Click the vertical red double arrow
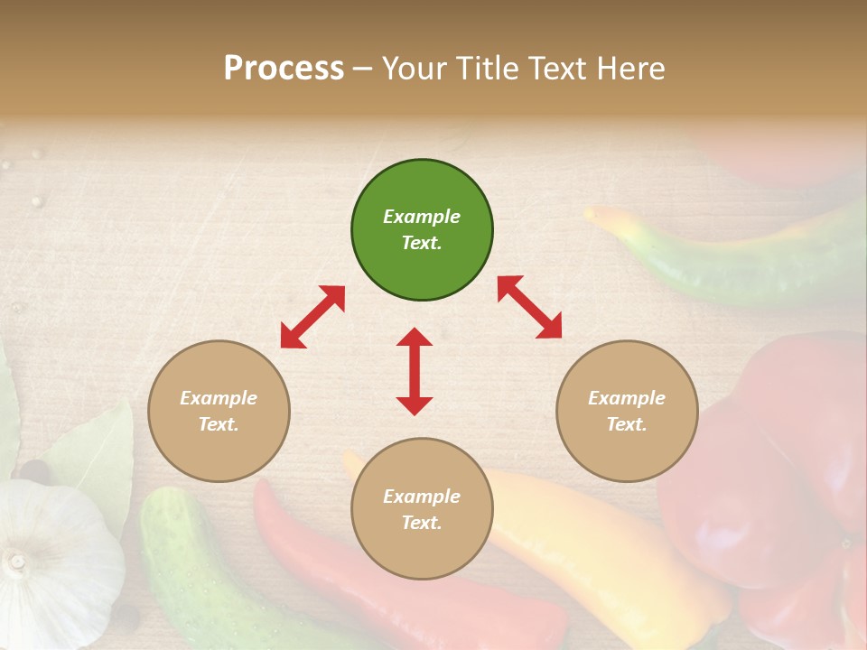pos(415,371)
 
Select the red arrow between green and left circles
pos(312,317)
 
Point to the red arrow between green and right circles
pos(529,308)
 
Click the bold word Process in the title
pos(284,68)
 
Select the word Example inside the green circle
pos(422,217)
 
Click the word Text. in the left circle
pos(219,424)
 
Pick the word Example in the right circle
pos(627,398)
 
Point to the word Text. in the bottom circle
pos(422,523)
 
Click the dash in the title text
pos(363,69)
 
